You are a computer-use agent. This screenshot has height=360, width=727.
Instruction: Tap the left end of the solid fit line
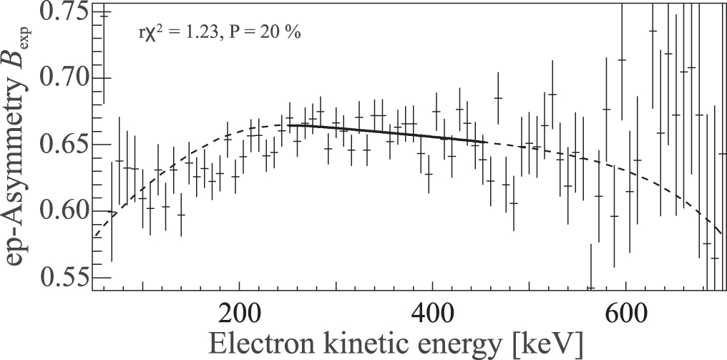pyautogui.click(x=288, y=125)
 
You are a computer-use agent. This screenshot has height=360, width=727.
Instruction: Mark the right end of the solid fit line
pyautogui.click(x=487, y=142)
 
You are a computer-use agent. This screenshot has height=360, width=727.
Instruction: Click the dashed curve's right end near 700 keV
pyautogui.click(x=721, y=233)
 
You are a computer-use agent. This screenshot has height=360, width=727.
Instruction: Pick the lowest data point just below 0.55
pyautogui.click(x=590, y=288)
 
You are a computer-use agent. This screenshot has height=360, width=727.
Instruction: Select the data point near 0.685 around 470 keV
pyautogui.click(x=498, y=97)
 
